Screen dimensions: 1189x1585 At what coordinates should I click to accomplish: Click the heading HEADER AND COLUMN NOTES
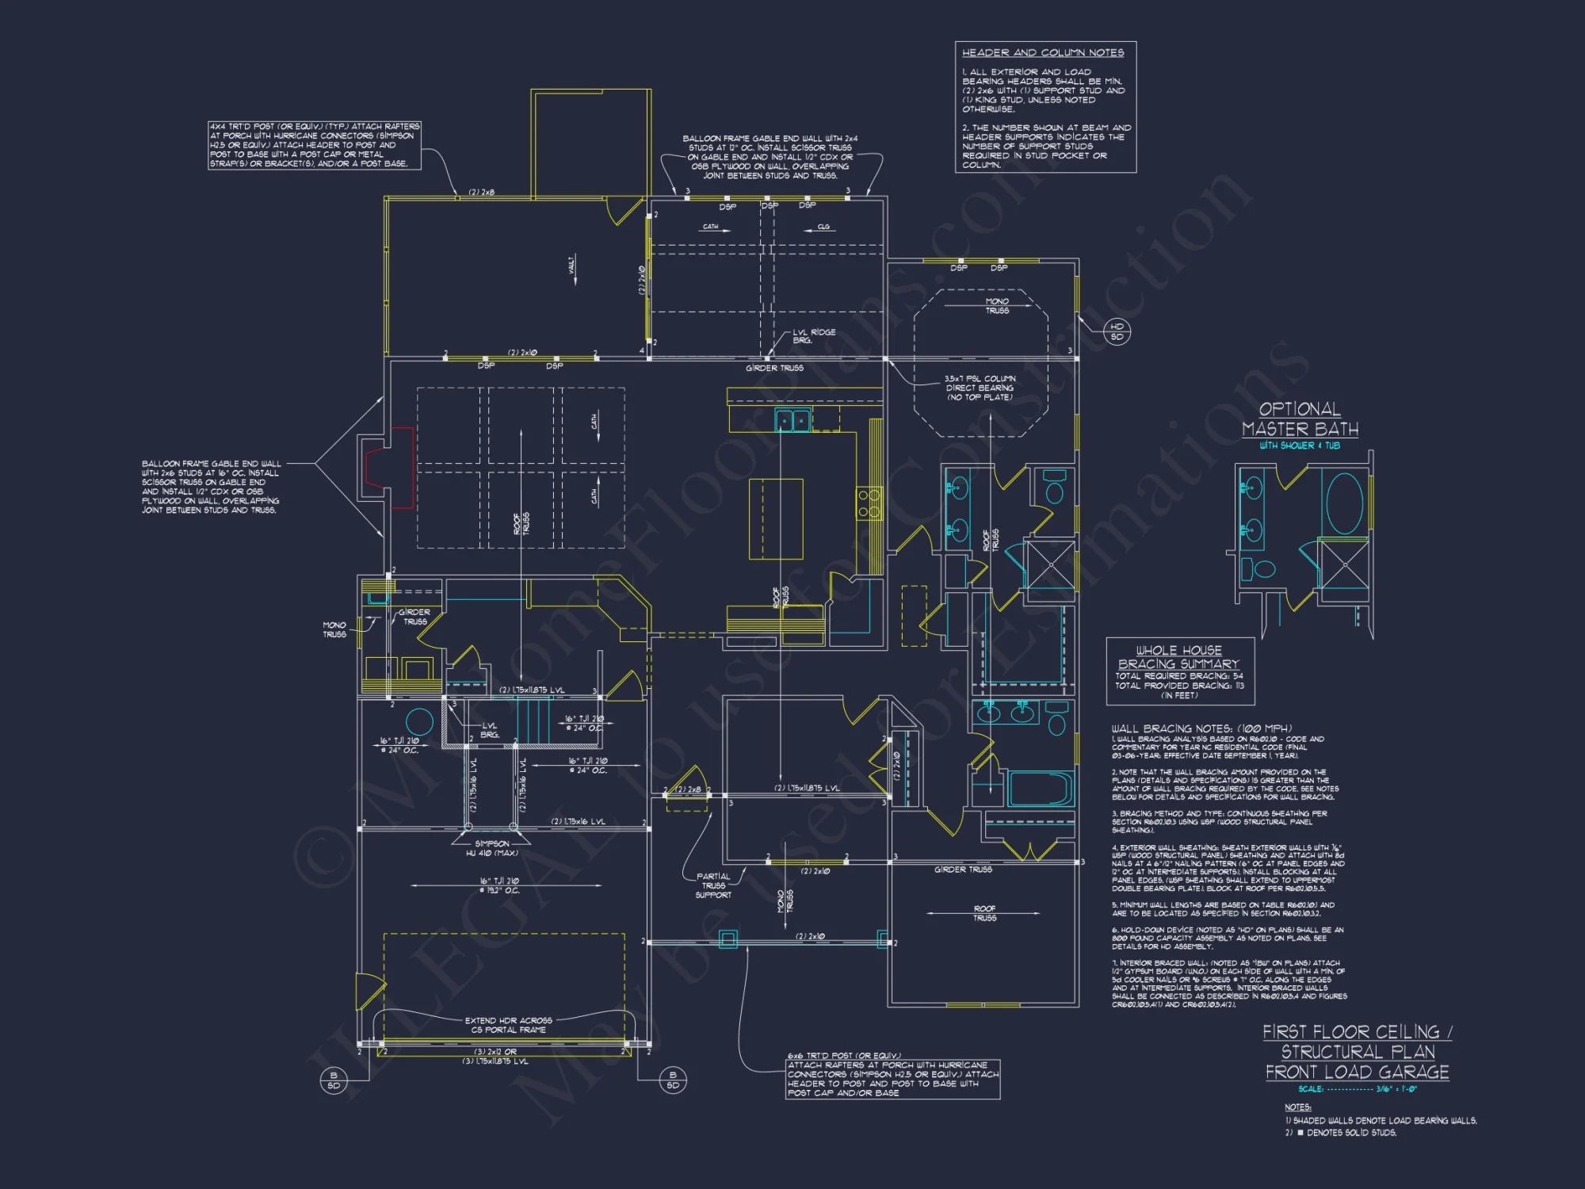coord(1043,53)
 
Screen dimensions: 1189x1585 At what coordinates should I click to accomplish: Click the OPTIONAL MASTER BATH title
coord(1300,419)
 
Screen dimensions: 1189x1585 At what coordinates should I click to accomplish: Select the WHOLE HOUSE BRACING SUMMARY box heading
coord(1178,657)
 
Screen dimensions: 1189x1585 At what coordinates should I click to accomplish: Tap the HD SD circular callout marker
coord(1117,332)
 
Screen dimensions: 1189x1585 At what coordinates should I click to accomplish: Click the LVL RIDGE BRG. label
coord(813,336)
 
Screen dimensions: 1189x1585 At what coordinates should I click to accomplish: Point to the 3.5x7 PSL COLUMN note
coord(980,388)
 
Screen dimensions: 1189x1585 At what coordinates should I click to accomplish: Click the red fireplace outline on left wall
coord(390,468)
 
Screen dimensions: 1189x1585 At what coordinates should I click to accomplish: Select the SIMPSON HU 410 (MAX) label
coord(492,848)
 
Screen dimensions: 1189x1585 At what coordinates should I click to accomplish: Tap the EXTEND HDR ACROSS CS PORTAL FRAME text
coord(508,1025)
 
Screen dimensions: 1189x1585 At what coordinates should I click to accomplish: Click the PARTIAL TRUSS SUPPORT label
coord(713,885)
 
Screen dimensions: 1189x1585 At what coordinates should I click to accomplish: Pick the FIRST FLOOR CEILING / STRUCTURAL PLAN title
coord(1357,1052)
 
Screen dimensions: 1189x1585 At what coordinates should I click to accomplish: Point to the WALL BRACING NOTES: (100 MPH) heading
coord(1201,728)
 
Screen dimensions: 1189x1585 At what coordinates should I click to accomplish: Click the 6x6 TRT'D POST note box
coord(892,1079)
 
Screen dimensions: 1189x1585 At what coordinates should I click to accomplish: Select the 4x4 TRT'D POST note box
coord(315,145)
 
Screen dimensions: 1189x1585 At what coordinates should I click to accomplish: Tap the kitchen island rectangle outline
coord(776,519)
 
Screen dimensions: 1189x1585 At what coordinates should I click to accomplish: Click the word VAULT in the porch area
coord(572,265)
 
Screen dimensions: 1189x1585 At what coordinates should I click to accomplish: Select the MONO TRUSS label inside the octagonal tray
coord(997,306)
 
